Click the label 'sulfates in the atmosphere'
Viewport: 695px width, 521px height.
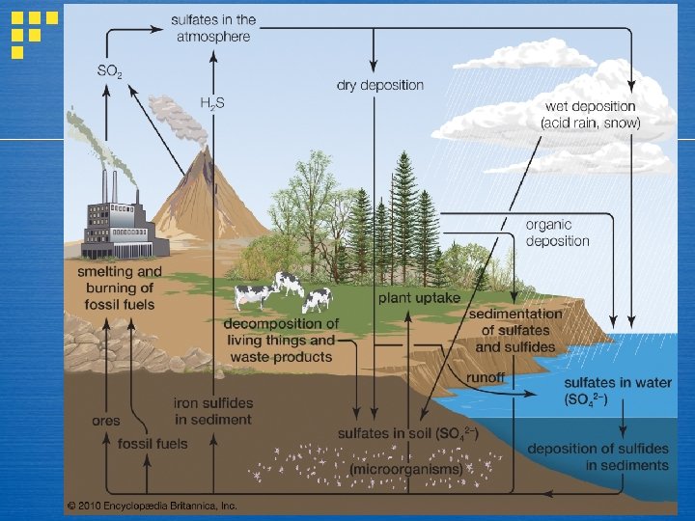(212, 28)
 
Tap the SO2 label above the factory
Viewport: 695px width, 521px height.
(110, 70)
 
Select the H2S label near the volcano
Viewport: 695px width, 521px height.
(211, 101)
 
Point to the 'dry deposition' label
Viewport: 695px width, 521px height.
(379, 85)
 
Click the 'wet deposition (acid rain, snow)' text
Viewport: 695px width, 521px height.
(591, 114)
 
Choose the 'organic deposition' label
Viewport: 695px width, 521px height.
(557, 233)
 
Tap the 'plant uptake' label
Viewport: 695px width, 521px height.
(419, 298)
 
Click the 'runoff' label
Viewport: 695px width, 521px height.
(486, 377)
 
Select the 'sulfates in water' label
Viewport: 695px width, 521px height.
(618, 390)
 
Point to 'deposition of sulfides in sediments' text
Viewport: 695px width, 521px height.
(598, 456)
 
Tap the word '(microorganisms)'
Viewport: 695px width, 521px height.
(405, 469)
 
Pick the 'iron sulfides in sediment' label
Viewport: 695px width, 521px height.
(212, 411)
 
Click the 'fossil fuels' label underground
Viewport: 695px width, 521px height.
(153, 444)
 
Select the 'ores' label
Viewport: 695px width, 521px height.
(105, 421)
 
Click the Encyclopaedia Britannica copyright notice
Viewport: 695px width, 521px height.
(152, 505)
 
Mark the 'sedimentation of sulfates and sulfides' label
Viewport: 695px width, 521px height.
(515, 330)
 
